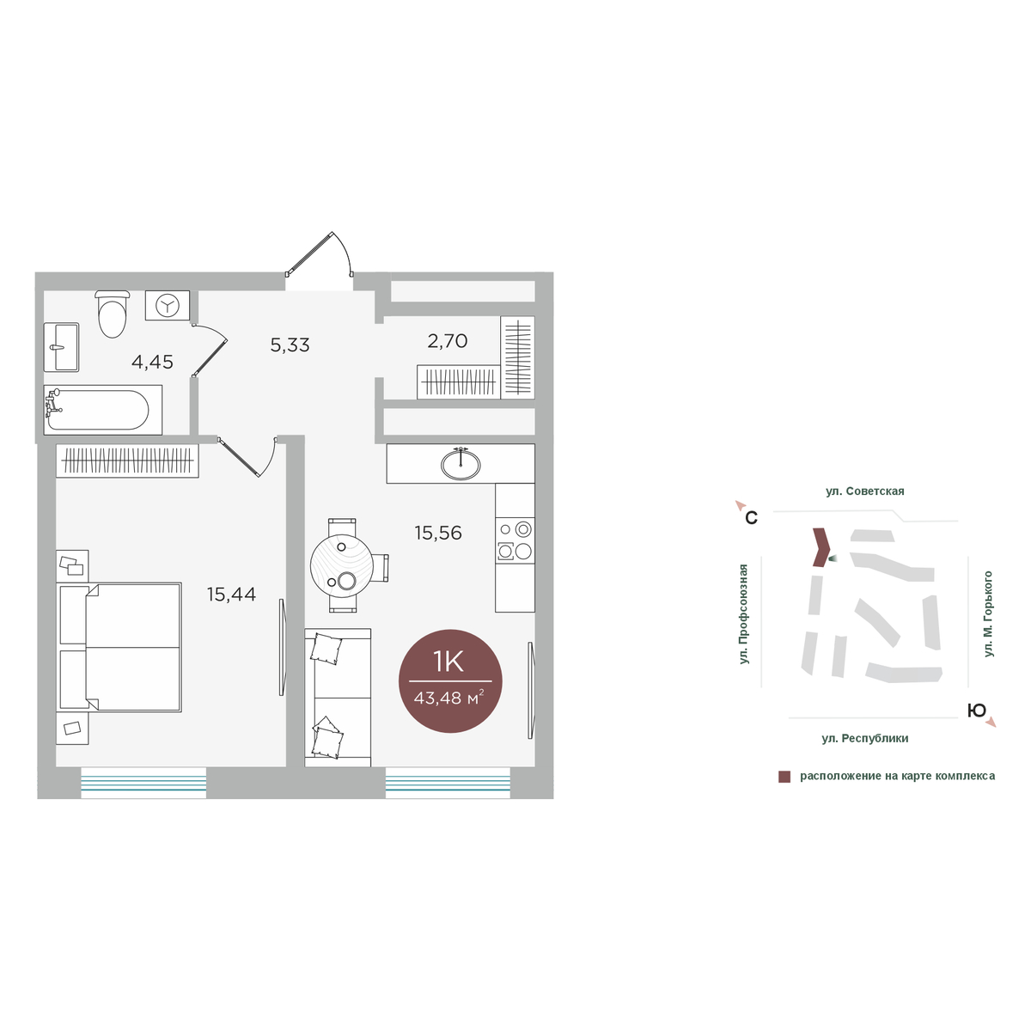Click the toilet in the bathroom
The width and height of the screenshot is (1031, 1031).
pos(113,314)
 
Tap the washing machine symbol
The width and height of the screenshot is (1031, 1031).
pos(168,306)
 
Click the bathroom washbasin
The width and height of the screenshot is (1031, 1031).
pos(61,347)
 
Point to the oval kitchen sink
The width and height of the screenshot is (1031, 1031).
pos(461,465)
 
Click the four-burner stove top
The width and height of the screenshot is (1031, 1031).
pos(515,540)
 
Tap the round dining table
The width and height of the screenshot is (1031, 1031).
pos(342,565)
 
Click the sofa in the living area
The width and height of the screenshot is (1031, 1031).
pos(338,698)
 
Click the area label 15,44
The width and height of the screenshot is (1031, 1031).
pos(232,595)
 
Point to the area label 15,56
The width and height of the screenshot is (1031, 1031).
pos(438,533)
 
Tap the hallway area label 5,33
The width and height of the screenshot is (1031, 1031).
pos(290,345)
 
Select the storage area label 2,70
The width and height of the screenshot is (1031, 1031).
pos(448,341)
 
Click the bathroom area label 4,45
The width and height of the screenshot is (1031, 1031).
pos(152,363)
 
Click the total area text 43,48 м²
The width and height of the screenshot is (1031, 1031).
pos(449,698)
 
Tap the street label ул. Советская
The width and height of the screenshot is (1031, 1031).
pos(864,491)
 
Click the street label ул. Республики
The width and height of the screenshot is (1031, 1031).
pos(865,738)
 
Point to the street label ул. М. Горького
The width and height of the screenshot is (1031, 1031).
pos(989,614)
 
